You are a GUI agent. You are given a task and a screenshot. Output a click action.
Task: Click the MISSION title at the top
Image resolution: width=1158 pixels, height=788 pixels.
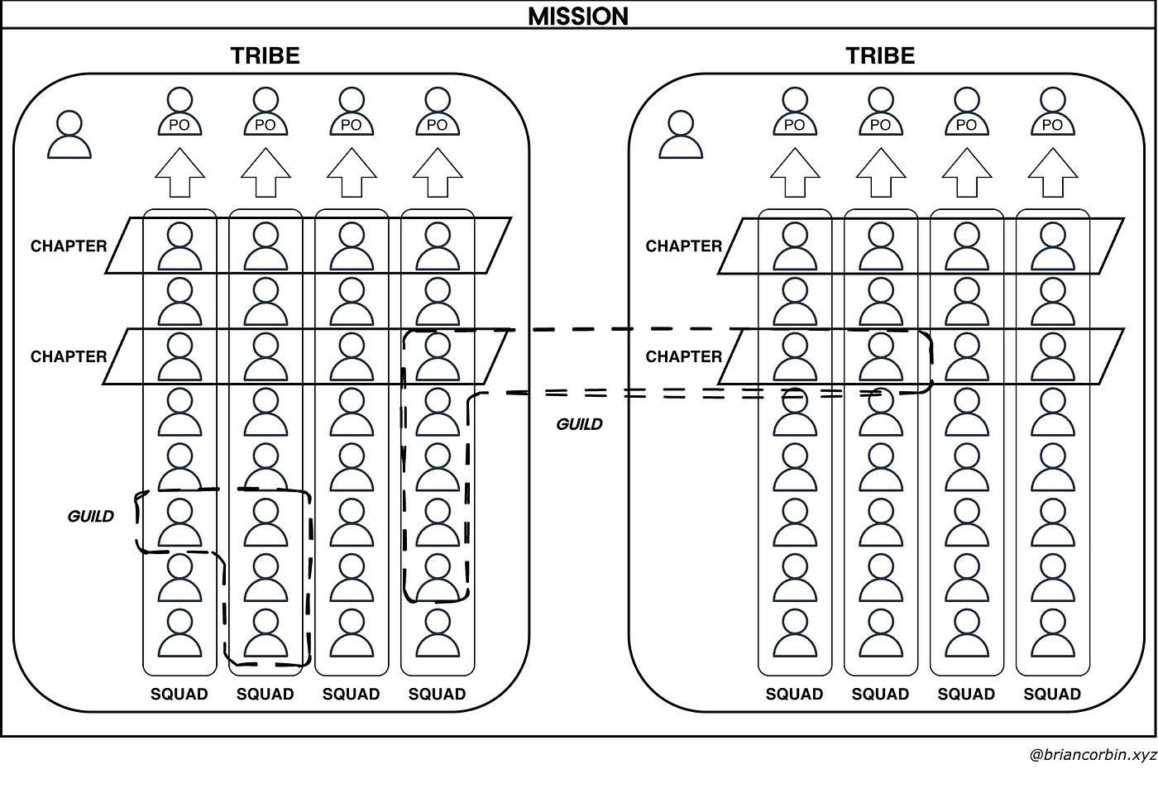coord(578,17)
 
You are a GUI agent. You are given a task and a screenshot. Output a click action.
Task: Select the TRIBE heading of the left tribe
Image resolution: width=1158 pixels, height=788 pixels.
coord(266,55)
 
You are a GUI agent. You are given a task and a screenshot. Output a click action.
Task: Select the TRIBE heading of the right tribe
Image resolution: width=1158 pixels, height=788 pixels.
coord(880,55)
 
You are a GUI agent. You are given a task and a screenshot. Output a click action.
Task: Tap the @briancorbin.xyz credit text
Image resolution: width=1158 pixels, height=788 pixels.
coord(1093,755)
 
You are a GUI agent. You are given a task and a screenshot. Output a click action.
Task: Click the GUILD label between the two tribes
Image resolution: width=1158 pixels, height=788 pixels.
coord(579,424)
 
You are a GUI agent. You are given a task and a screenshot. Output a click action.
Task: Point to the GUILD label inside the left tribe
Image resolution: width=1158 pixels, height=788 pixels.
coord(90,516)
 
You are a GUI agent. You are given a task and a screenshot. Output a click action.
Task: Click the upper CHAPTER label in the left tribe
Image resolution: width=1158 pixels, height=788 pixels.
coord(69,246)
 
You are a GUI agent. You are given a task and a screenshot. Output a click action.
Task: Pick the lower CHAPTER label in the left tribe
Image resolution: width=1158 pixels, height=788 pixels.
coord(69,356)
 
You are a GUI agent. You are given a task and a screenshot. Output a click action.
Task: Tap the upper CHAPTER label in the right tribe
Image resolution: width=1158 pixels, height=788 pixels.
coord(684,246)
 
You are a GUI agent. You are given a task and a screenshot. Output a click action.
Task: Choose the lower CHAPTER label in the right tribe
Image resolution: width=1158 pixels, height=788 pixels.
coord(684,356)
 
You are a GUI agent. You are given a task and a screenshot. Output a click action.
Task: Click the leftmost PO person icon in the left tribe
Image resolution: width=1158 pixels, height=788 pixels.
coord(180,112)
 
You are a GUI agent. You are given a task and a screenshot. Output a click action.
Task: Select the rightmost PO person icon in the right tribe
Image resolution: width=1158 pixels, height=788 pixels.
coord(1053,112)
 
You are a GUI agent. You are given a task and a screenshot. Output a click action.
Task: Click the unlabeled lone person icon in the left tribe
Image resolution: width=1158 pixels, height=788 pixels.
coord(69,134)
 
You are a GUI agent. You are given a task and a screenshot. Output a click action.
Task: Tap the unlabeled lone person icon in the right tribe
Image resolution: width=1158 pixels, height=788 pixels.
coord(681,134)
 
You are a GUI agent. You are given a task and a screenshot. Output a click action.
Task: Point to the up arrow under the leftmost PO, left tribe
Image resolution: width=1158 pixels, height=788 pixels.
coord(180,173)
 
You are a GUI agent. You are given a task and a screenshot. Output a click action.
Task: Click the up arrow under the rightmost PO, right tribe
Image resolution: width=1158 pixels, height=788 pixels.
coord(1053,173)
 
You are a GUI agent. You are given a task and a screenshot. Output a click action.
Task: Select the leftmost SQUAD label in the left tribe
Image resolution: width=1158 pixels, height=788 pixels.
coord(179,694)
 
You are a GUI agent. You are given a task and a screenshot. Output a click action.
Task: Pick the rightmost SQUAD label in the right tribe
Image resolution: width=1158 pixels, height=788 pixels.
coord(1052,694)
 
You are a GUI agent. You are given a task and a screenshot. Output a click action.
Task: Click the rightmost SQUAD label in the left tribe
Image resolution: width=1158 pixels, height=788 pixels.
coord(438,694)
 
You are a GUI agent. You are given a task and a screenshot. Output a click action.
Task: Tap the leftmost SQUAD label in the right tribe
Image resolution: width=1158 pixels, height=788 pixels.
coord(795,694)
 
